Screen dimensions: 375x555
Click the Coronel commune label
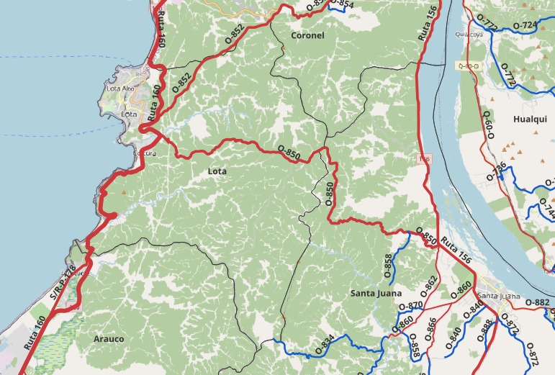[307, 35]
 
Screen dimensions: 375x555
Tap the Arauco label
[109, 338]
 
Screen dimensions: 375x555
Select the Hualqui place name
[531, 119]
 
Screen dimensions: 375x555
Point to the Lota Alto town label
[119, 89]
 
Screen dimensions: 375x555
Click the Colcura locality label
[145, 153]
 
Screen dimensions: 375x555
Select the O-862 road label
[428, 286]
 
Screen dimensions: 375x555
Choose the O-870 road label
[410, 305]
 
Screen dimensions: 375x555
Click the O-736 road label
[497, 171]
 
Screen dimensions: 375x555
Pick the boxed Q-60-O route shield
[468, 66]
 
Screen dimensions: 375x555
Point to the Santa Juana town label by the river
[498, 296]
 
